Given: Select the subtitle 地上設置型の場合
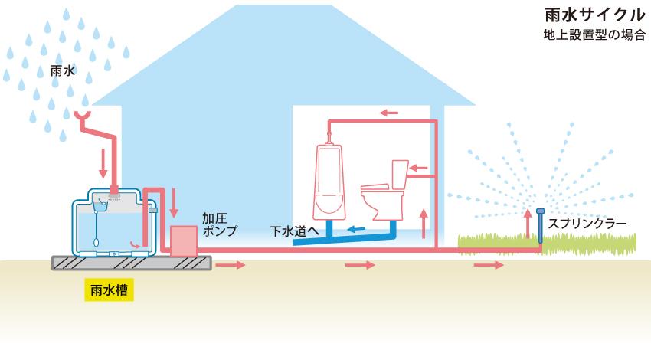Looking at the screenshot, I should coord(594,35).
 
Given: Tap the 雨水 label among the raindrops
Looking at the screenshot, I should coord(62,71).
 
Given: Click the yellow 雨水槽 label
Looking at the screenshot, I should coord(109,290).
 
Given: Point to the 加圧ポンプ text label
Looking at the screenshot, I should coord(219,224).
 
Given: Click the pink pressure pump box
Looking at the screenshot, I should coord(184,241).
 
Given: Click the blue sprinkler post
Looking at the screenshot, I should coord(541,227).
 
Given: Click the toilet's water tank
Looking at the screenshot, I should coord(401,175).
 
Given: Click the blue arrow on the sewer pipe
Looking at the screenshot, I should coord(355,228).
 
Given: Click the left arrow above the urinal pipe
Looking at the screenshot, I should coord(389,113).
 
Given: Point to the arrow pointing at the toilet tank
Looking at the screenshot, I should coord(418,167).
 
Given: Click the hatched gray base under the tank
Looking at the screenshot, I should coord(131,263).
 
